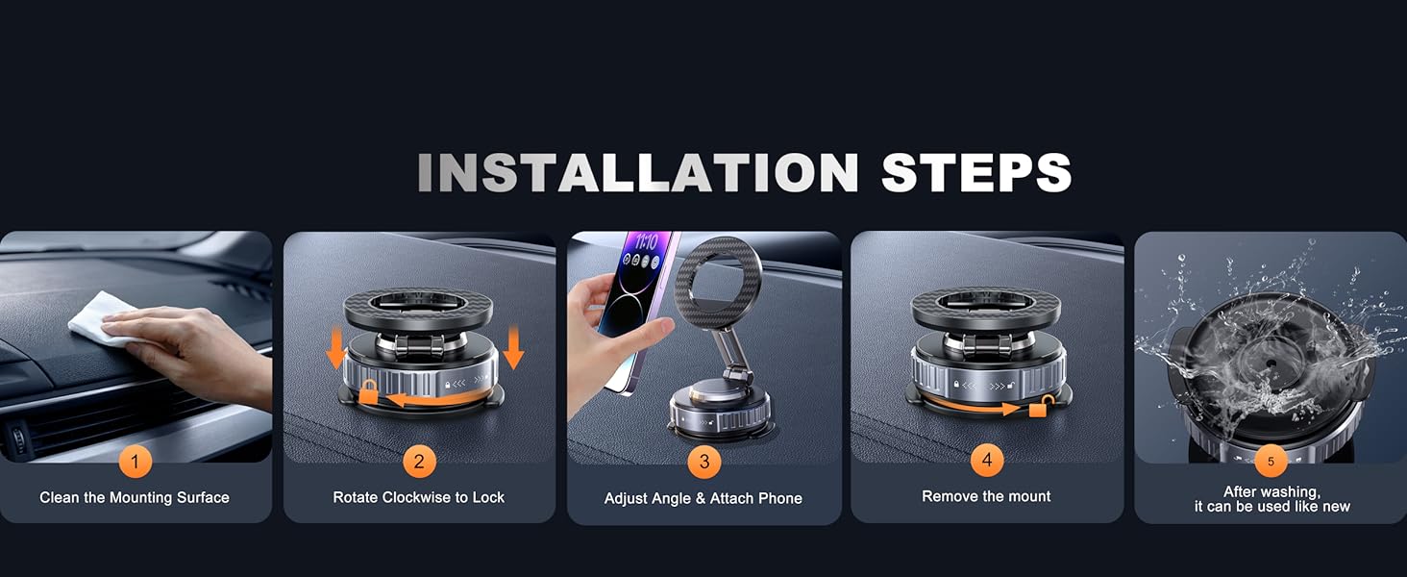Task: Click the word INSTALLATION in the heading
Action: [x=637, y=173]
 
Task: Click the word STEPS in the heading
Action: [x=975, y=173]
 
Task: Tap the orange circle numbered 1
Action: [x=135, y=462]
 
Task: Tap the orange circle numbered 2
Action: [x=419, y=462]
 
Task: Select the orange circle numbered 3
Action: [x=703, y=463]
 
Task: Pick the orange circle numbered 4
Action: [x=987, y=461]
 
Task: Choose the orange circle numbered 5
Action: [x=1271, y=462]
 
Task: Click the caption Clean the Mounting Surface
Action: [x=135, y=497]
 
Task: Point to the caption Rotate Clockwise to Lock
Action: [x=419, y=497]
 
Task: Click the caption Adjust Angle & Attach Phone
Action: [x=703, y=498]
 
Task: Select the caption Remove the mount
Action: [x=987, y=496]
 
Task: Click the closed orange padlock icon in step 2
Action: [x=368, y=391]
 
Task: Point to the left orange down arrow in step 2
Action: [x=335, y=350]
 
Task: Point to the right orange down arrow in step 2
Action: [x=513, y=350]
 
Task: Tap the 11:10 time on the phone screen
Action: [x=645, y=243]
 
